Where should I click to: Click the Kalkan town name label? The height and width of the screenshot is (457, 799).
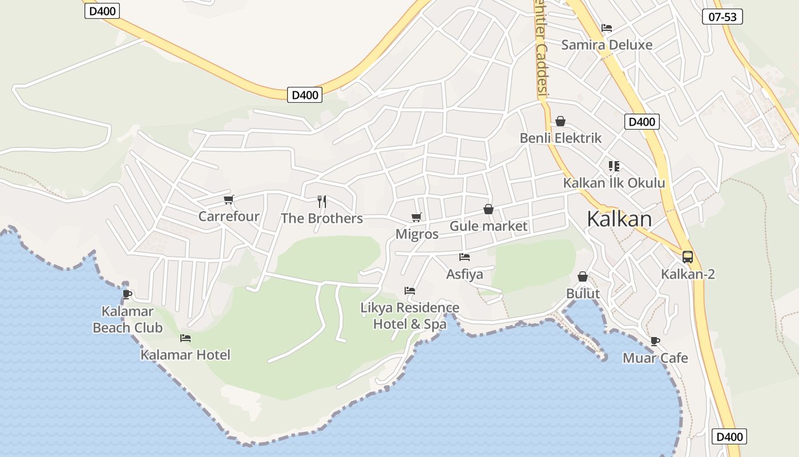619,219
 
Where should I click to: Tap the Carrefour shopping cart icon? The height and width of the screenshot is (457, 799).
229,199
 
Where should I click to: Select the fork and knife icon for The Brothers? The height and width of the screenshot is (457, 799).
322,201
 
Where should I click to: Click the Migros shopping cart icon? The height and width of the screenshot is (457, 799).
417,217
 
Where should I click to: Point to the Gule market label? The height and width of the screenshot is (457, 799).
489,226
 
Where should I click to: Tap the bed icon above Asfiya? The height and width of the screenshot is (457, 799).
465,257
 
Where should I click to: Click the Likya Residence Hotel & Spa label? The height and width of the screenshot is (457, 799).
410,316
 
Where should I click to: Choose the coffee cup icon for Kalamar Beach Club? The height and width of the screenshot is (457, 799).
127,294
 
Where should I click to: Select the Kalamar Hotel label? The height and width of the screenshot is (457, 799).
185,355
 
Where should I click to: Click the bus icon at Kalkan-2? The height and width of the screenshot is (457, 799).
688,257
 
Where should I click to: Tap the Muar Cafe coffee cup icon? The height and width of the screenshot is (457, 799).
655,342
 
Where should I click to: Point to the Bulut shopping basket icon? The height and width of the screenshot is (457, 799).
583,277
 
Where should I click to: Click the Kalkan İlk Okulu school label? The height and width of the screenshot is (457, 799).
614,183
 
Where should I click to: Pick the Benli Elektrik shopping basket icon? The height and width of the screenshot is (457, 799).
560,121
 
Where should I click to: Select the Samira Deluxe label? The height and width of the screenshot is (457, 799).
607,45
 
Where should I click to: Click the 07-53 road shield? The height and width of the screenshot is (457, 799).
722,17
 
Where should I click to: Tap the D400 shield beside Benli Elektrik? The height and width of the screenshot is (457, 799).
642,121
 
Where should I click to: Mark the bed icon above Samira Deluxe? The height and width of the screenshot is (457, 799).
607,27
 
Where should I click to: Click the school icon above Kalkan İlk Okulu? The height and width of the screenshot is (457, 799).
614,166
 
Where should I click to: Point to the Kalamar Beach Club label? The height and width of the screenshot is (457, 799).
128,319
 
